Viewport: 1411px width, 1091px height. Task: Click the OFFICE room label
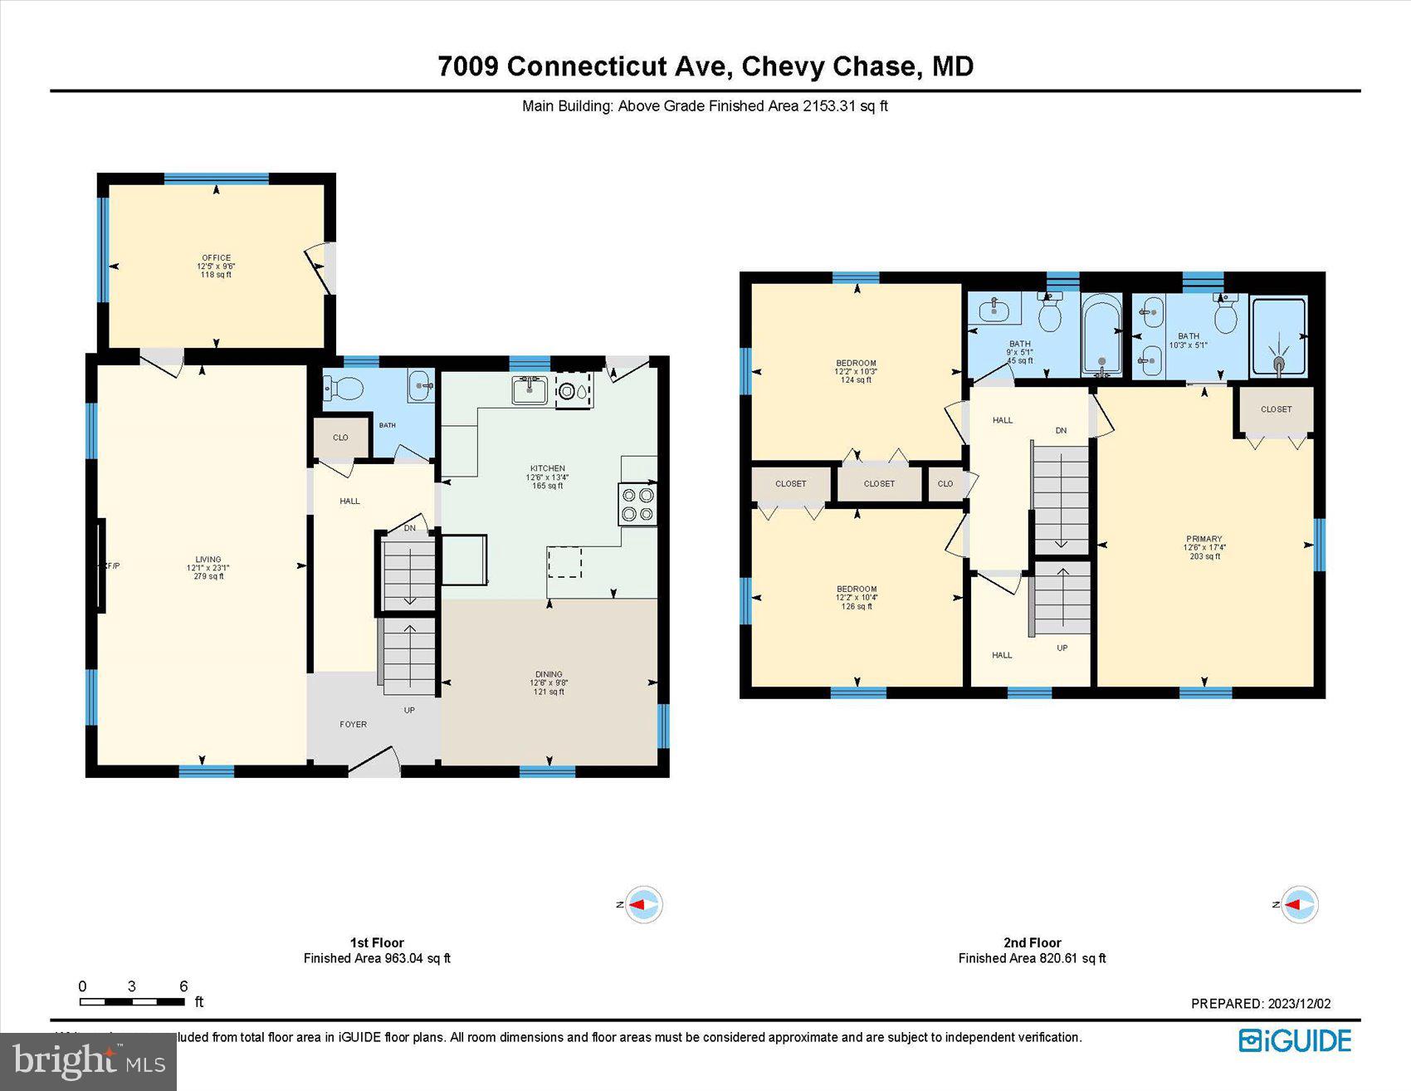(x=216, y=258)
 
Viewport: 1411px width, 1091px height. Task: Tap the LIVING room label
(x=208, y=560)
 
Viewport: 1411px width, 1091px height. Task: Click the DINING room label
(x=549, y=674)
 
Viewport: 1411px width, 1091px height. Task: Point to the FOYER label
(x=354, y=725)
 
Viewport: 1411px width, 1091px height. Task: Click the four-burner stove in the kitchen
(x=637, y=504)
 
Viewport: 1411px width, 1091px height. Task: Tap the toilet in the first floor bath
(x=344, y=388)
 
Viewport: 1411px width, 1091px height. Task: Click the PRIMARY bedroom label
(x=1204, y=539)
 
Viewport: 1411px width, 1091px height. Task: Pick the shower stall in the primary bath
(x=1278, y=336)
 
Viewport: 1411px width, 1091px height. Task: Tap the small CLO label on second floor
(x=945, y=484)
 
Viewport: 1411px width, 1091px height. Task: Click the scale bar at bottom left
(x=133, y=1001)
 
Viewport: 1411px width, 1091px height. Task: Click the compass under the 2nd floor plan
(x=1298, y=904)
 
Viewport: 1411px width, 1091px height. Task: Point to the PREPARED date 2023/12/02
(x=1260, y=1004)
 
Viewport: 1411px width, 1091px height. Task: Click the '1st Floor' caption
(x=377, y=942)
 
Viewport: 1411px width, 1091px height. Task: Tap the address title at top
(x=705, y=66)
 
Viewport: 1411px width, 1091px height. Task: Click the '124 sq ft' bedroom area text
(x=856, y=380)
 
